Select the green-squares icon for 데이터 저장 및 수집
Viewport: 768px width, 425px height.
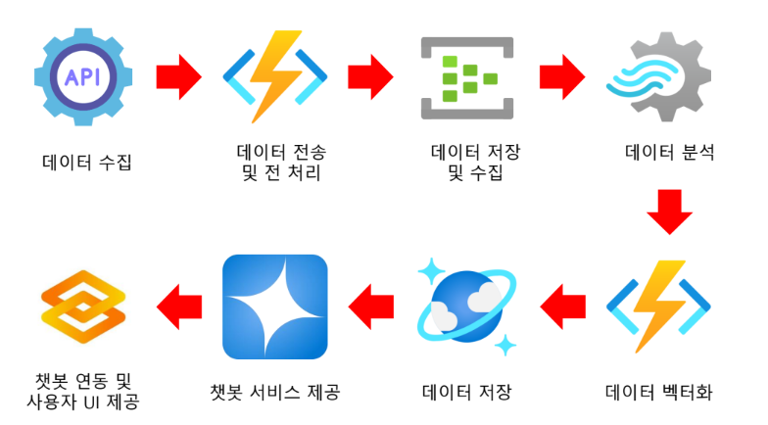coord(466,76)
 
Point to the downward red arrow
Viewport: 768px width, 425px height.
coord(669,211)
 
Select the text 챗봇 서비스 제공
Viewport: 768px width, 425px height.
coord(275,394)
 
